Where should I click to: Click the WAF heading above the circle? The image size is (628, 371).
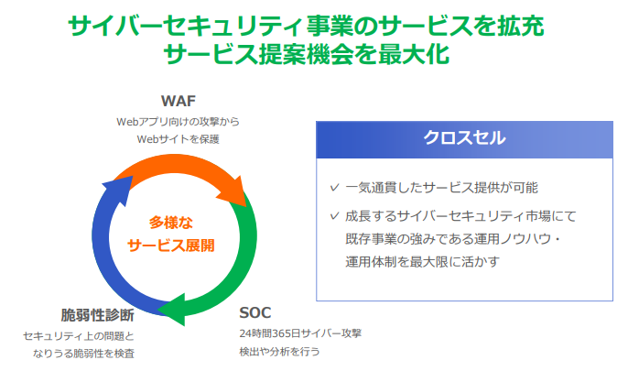pos(179,101)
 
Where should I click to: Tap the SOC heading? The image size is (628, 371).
pos(255,312)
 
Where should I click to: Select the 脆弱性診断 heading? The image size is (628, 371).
pos(97,315)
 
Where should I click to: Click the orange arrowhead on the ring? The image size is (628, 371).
pos(234,191)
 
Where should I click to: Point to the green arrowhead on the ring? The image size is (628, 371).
pos(172,310)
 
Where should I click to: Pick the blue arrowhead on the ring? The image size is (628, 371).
pos(119,189)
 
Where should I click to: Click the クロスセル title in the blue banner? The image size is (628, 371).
pos(465,137)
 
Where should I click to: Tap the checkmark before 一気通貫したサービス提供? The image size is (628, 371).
pos(334,187)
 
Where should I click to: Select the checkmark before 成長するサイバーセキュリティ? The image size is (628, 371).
pos(334,216)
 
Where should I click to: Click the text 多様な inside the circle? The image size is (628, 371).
pos(171,223)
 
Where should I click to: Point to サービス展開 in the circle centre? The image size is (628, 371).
pos(171,246)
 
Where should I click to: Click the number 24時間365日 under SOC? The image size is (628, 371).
pos(270,333)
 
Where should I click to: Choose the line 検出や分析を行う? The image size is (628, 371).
pos(279,352)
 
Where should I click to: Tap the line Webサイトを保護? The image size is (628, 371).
pos(179,139)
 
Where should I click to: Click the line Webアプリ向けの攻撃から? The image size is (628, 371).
pos(179,122)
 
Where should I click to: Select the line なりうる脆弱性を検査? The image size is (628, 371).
pos(83,354)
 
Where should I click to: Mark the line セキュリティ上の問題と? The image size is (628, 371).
pos(79,336)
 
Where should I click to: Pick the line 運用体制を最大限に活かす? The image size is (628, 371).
pos(423,262)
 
